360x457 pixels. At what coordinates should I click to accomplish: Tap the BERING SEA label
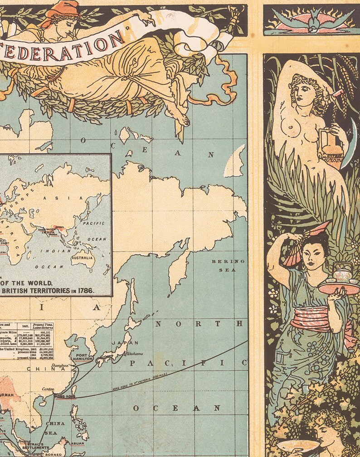click(x=228, y=265)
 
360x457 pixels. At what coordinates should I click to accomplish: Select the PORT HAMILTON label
click(x=85, y=357)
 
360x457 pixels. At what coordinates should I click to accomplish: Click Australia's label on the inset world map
click(x=82, y=258)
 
